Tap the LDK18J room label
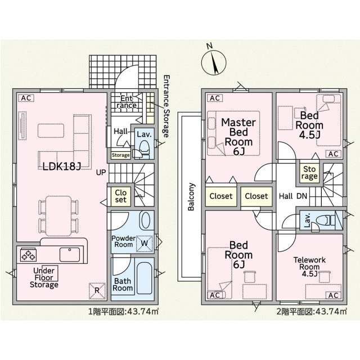[62, 166]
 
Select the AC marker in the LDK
[26, 98]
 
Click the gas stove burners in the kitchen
[29, 254]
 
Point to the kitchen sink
[70, 254]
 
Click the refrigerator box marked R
[97, 291]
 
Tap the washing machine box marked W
[145, 244]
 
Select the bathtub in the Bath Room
[145, 279]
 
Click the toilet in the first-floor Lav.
[144, 148]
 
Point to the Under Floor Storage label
[44, 277]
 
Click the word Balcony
[191, 196]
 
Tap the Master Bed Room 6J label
[238, 137]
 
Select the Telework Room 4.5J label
[309, 267]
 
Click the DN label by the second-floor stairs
[302, 196]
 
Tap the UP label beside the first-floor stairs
[101, 172]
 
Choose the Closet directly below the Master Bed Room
[221, 196]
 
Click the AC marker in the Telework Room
[334, 295]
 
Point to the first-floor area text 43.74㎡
[142, 312]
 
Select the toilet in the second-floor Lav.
[325, 220]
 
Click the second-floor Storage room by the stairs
[309, 173]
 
